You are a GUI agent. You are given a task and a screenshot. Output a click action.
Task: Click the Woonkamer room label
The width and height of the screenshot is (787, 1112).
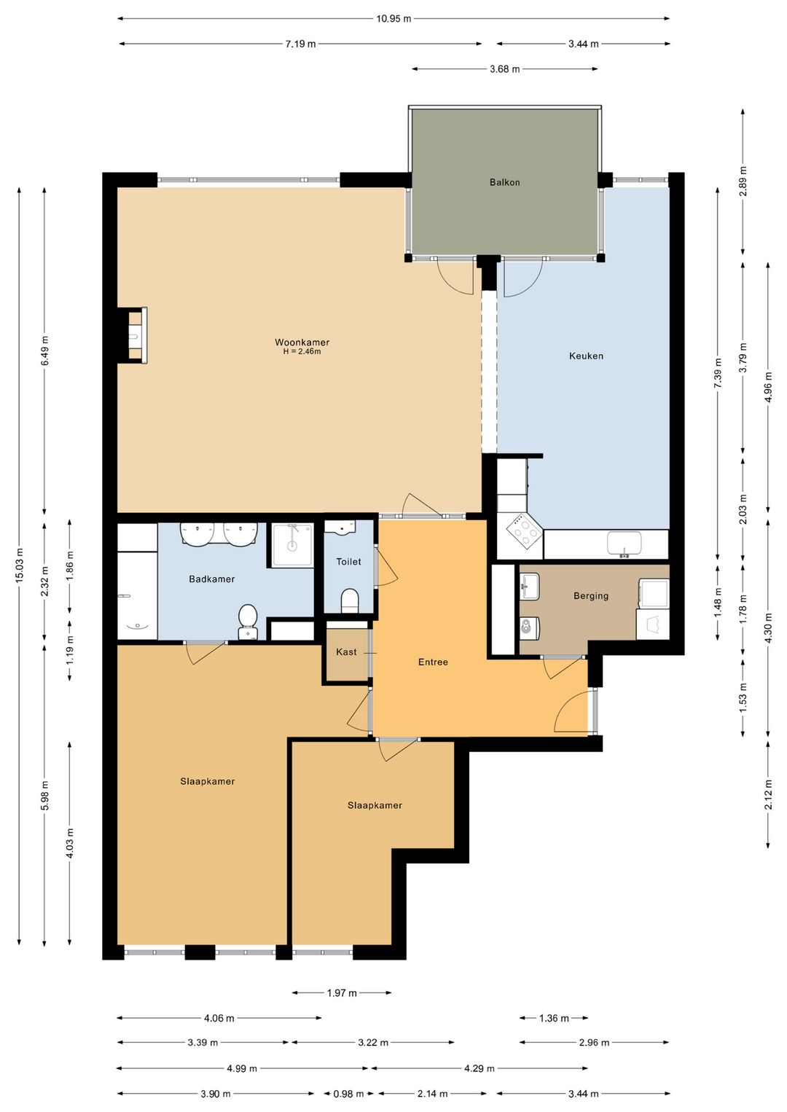pos(302,342)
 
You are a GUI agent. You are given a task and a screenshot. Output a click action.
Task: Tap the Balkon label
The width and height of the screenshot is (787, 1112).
pos(504,182)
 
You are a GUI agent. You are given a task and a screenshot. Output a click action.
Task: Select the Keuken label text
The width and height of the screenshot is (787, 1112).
pos(586,356)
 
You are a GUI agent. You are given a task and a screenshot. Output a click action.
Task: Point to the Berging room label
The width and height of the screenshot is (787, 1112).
pos(591,595)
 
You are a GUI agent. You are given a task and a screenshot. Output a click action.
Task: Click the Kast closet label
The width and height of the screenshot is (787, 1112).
pos(346,651)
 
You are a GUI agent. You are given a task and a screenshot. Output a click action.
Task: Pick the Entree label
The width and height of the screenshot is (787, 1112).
pos(433,662)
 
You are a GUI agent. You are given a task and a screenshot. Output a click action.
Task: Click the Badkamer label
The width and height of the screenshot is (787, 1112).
pos(211,579)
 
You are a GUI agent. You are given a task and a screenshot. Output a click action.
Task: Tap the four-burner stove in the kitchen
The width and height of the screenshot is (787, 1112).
pos(525,532)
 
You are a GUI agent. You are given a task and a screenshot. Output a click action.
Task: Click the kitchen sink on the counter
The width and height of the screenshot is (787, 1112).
pos(624,544)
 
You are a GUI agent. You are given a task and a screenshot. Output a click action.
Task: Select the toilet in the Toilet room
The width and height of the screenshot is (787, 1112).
pos(350,600)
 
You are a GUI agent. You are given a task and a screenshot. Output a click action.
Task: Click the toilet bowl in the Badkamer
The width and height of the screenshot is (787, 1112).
pos(247,621)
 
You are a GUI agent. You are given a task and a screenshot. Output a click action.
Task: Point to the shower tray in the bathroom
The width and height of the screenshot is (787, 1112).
pos(292,545)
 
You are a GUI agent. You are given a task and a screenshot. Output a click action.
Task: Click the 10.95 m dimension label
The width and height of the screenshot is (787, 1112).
pos(393,19)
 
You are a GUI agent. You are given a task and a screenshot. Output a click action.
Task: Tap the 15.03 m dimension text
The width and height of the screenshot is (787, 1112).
pos(19,566)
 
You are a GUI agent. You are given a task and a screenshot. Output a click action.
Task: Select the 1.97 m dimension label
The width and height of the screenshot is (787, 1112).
pos(342,992)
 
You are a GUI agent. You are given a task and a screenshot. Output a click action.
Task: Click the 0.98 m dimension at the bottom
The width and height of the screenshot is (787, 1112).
pos(348,1094)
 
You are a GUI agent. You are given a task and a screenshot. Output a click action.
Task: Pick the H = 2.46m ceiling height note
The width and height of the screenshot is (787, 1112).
pos(302,351)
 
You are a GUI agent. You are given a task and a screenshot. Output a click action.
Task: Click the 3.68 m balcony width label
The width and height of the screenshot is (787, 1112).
pos(504,69)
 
